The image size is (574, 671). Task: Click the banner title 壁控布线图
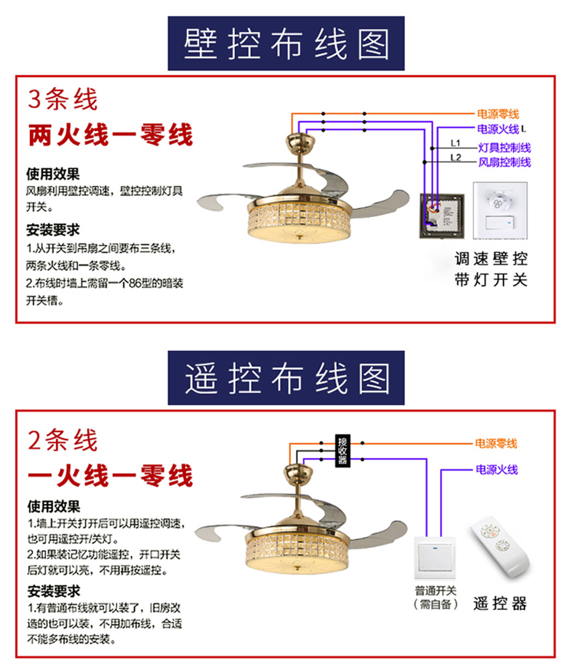pos(286,44)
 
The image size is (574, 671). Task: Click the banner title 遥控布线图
pos(286,379)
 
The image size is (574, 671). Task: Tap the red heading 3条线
pos(63,99)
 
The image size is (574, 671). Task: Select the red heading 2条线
pos(63,440)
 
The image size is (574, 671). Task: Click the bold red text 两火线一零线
pos(111,135)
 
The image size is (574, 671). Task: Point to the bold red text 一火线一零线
pos(111,475)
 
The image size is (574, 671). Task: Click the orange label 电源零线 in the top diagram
pos(498,114)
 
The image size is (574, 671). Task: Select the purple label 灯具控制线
pos(504,148)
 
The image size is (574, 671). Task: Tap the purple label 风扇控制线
pos(504,162)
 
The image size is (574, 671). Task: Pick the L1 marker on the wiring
pos(456,143)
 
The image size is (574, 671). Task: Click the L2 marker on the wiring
pos(456,158)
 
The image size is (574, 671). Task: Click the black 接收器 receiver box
pos(342,451)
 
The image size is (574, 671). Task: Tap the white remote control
pos(500,548)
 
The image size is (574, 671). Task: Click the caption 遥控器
pos(500,604)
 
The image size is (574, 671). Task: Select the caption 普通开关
pos(436,591)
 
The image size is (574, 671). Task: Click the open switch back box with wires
pos(442,215)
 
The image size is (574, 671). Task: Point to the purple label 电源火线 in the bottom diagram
pos(497,469)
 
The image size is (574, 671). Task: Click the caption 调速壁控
pos(491,258)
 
